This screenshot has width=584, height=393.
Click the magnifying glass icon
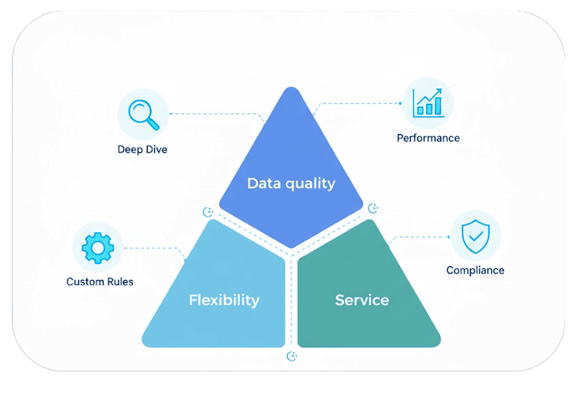coord(143,115)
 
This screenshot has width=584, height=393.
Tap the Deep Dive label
coord(142,149)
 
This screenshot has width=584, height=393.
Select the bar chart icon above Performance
coord(428,103)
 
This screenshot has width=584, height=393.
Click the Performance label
coord(428,138)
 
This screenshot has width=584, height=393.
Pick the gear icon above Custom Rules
coord(98,248)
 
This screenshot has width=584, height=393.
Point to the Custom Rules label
coord(100,281)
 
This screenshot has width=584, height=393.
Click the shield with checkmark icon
coord(475,236)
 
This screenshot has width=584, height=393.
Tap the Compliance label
coord(475,270)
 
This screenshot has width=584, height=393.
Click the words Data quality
coord(291,183)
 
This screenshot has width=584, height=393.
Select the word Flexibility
coord(224,300)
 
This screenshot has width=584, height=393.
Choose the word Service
coord(362,300)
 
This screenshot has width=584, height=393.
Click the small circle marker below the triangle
coord(291,357)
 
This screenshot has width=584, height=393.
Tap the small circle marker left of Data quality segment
coord(208,212)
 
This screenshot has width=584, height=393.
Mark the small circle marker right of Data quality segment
coord(373,208)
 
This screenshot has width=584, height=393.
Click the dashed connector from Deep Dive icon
coord(216,114)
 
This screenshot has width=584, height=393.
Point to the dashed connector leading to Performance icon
coord(358,103)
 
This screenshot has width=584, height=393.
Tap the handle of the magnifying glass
coord(153,123)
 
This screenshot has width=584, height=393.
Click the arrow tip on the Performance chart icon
coord(440,90)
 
